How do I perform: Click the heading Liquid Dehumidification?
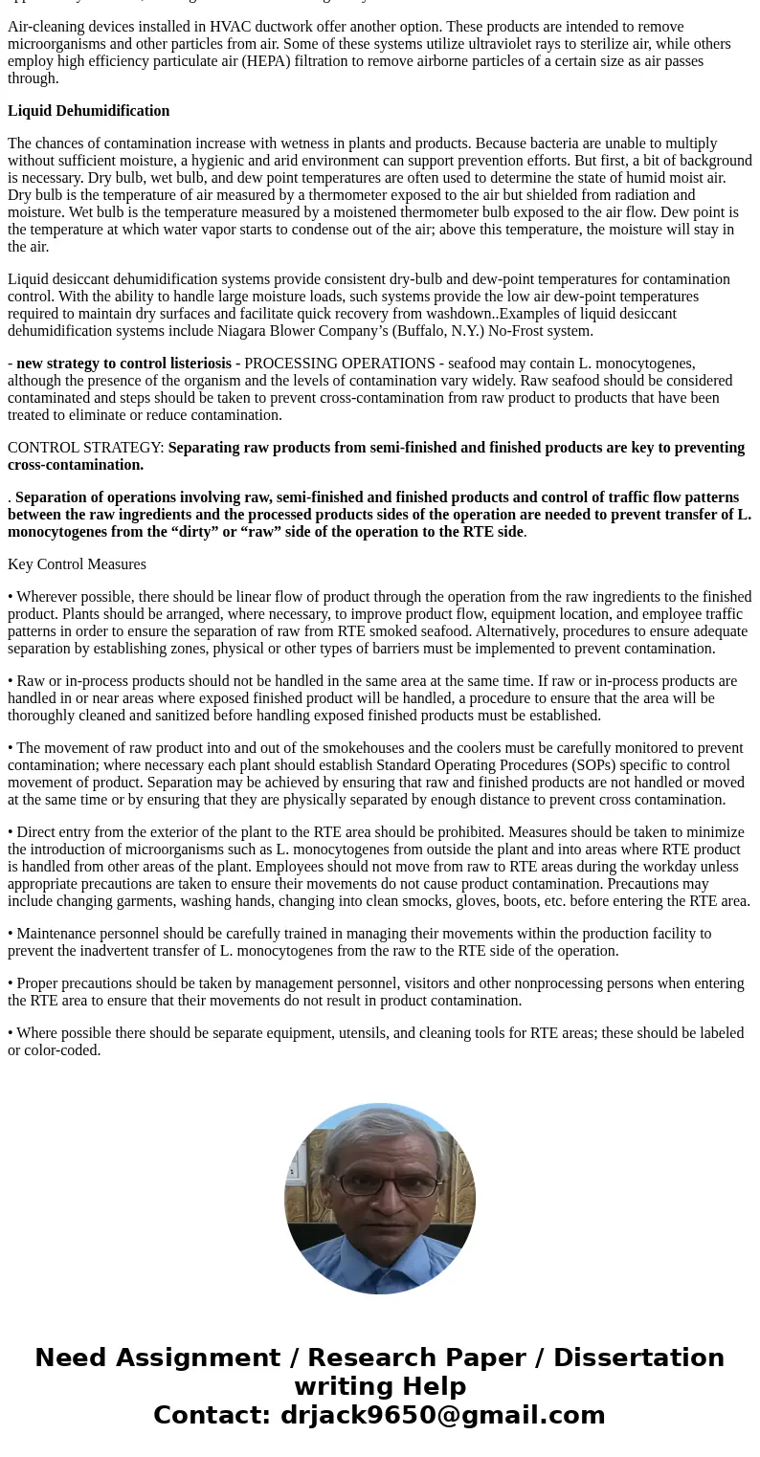point(88,111)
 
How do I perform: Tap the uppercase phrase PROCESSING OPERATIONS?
point(340,364)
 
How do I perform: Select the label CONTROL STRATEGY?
point(86,448)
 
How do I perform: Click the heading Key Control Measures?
point(77,564)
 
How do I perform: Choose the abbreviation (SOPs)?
point(601,765)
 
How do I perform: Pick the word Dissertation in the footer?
point(638,1358)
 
